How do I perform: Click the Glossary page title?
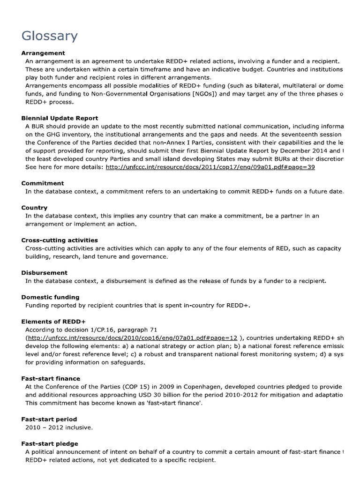pos(50,36)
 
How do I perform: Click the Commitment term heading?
pos(43,183)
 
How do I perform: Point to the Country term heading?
pos(34,208)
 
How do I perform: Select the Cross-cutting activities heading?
pos(60,240)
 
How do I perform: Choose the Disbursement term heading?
pos(45,272)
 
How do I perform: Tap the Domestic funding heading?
pos(50,297)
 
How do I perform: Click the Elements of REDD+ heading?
pos(53,322)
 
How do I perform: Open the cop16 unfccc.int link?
pos(132,338)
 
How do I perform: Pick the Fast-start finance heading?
pos(51,378)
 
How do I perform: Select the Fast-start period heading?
pos(49,419)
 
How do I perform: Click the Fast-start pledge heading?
pos(50,443)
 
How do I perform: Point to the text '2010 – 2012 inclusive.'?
pos(59,427)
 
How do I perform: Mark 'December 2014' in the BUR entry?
pos(299,151)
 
